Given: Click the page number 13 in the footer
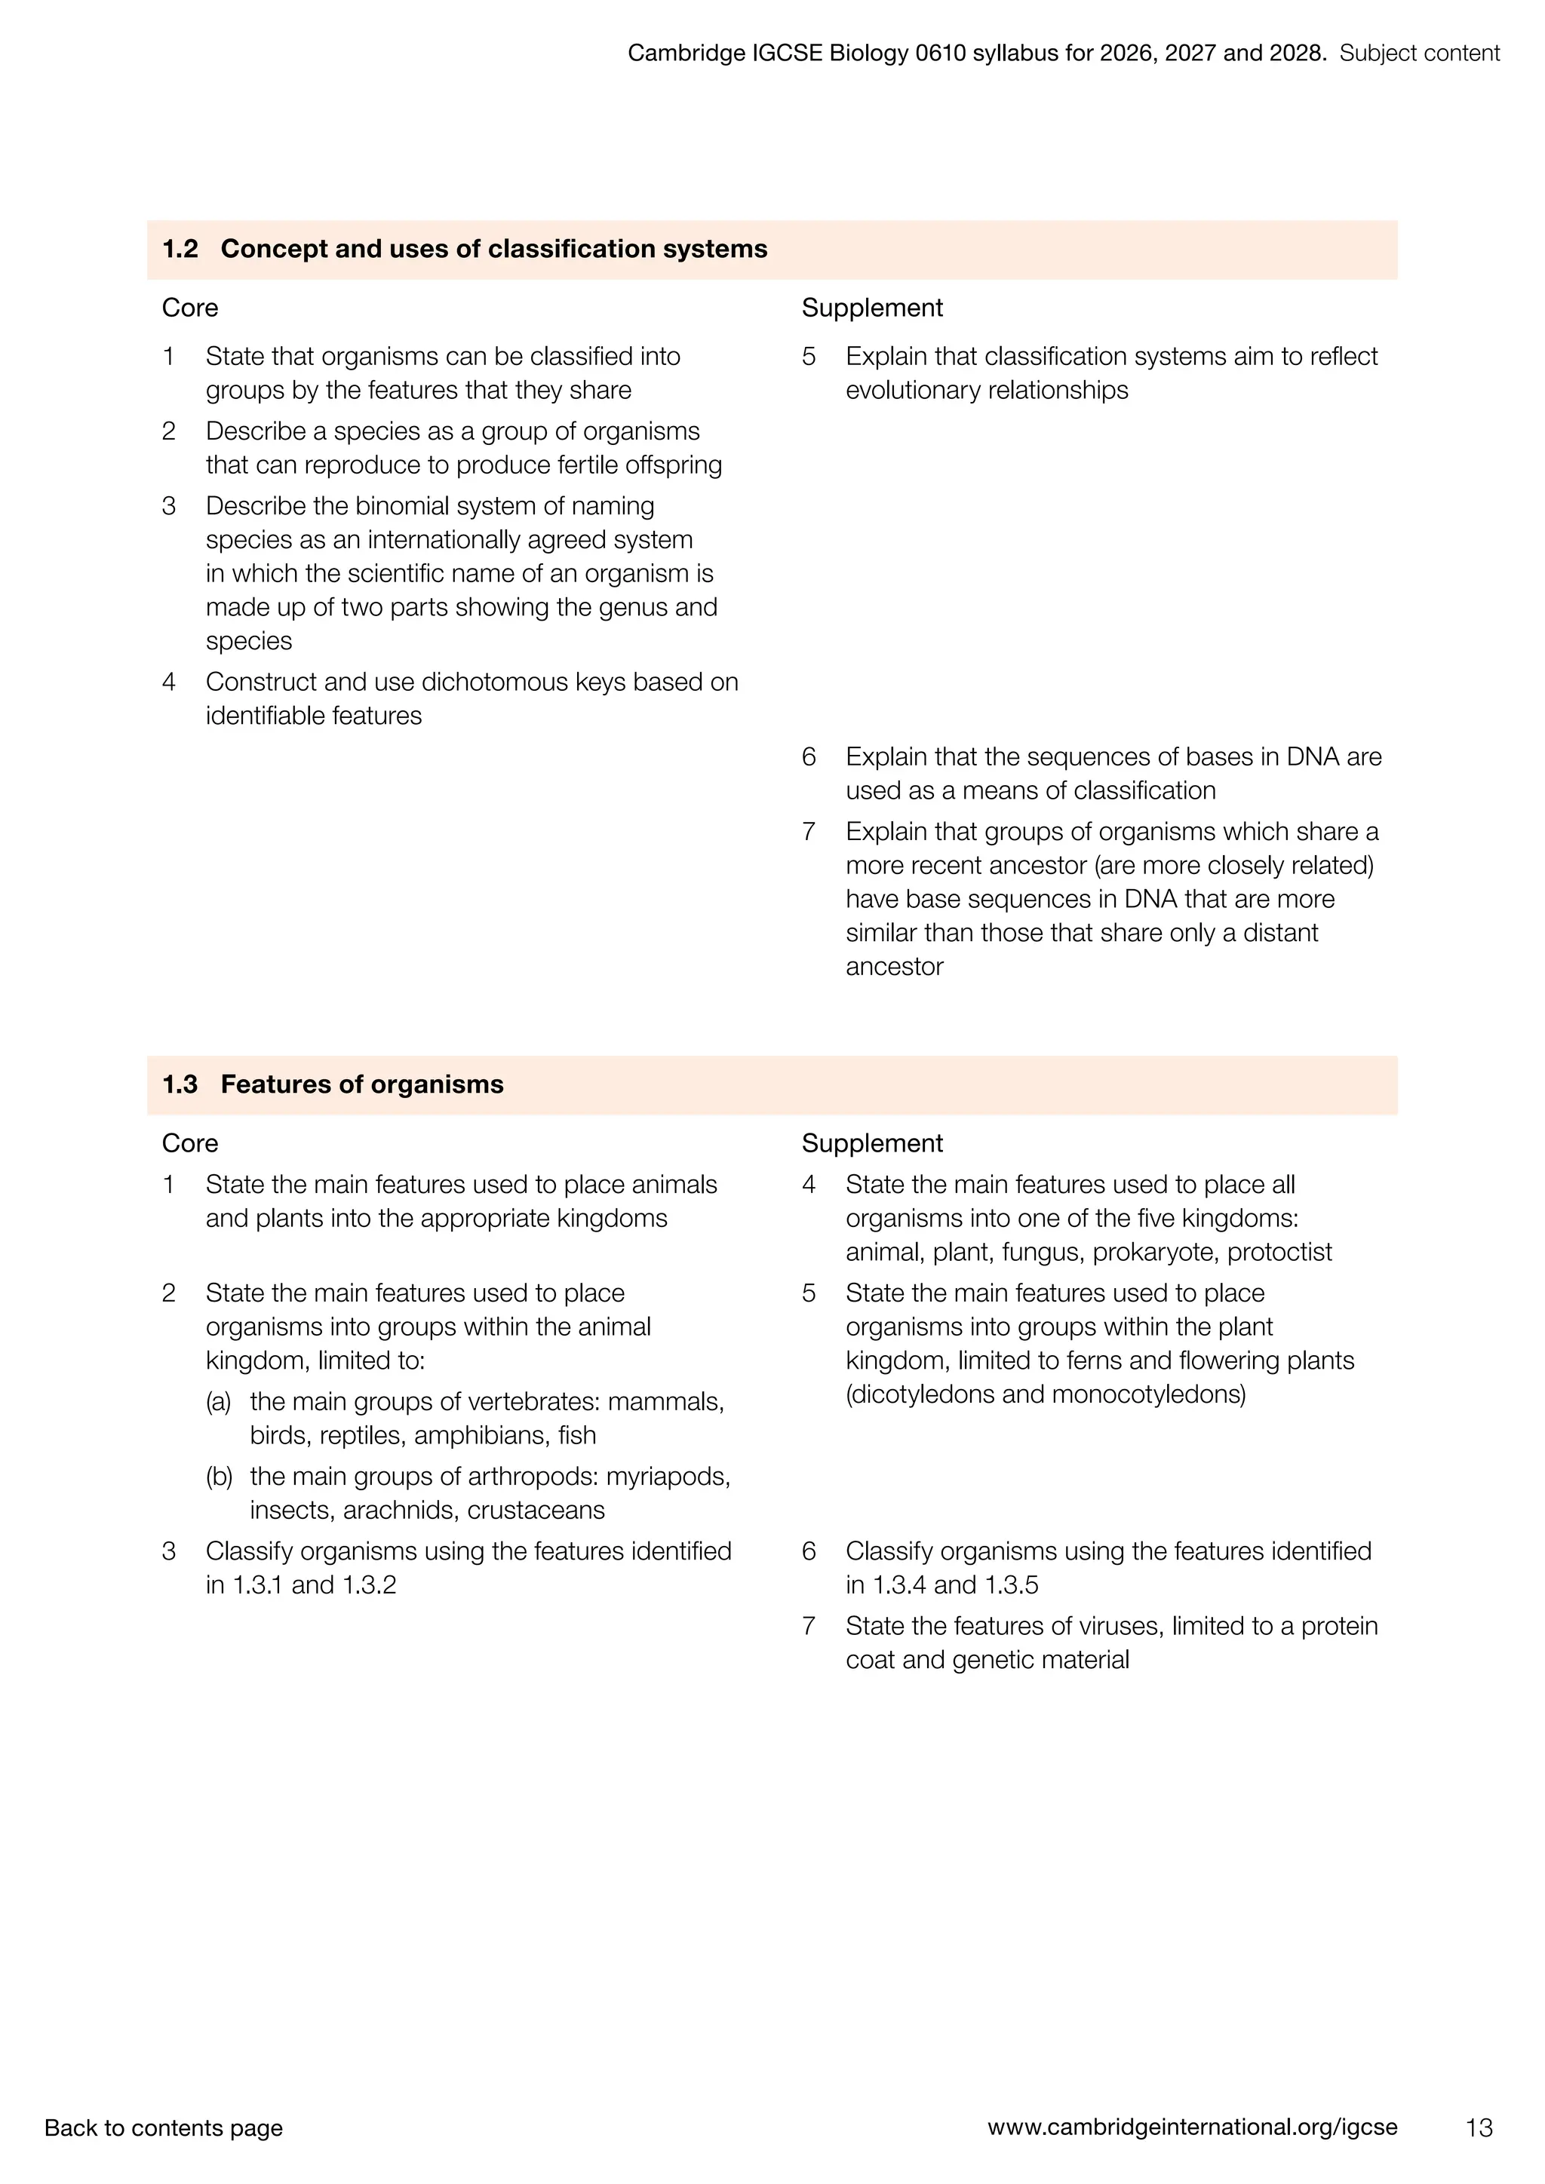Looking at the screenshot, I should (1479, 2127).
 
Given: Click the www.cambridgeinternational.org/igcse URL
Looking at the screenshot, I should (1192, 2126).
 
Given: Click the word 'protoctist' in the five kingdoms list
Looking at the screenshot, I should (1279, 1252).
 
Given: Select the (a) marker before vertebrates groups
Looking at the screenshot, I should (218, 1402).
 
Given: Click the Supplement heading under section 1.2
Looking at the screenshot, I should (871, 308).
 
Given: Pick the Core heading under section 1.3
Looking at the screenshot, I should (189, 1143).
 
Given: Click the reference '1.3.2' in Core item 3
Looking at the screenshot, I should (368, 1584).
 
